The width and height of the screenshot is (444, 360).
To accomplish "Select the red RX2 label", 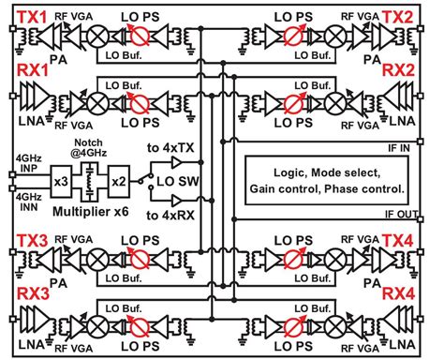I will tap(422, 70).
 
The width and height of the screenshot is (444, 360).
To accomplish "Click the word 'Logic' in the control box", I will tap(291, 173).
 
